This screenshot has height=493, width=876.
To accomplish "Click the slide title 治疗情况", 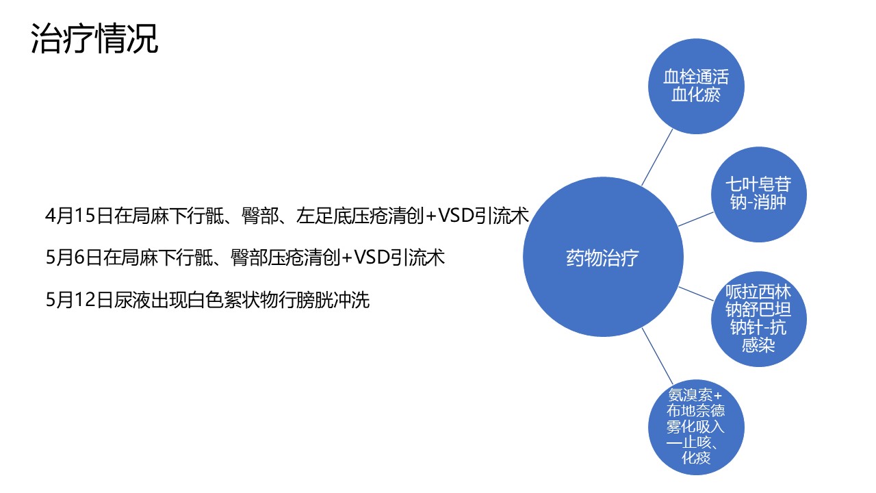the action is (94, 38).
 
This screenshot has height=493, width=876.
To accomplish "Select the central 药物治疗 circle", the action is (603, 257).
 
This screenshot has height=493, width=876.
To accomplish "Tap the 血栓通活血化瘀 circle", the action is (696, 86).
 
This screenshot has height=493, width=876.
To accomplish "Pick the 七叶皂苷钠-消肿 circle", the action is (759, 194).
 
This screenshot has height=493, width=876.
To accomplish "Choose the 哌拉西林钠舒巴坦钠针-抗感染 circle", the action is (759, 319).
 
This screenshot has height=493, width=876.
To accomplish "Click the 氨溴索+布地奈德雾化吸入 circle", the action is (696, 427).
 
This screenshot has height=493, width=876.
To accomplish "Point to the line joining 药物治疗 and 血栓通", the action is (657, 157).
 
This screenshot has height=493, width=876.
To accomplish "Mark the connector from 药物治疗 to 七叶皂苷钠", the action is (696, 219).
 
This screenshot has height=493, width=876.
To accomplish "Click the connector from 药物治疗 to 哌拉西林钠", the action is (696, 294).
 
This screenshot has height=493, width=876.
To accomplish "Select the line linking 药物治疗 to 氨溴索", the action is (657, 356).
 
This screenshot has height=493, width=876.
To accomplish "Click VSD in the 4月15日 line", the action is (456, 216).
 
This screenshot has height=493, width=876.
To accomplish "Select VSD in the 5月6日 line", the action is (372, 257).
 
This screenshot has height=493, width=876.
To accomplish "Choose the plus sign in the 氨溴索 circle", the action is (717, 396).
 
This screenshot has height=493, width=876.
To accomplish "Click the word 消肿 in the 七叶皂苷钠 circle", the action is (770, 203).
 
